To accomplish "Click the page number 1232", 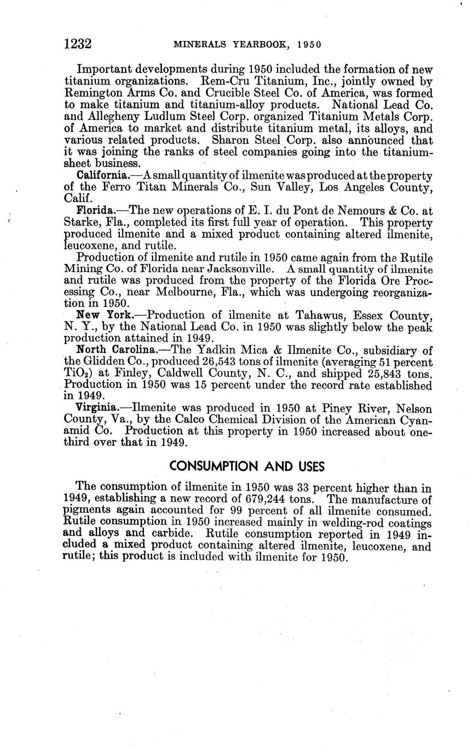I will tap(77, 44).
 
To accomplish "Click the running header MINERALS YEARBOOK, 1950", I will tap(247, 45).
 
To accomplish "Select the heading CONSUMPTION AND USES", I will tap(247, 466).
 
